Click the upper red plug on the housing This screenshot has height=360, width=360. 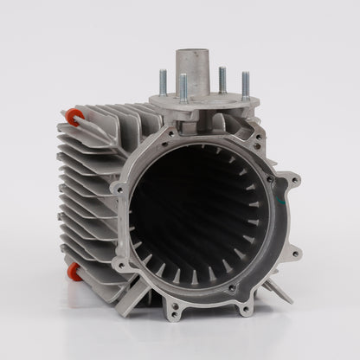coord(72,116)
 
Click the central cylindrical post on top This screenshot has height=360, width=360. coord(192,70)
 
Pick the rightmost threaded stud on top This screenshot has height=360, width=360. coord(245,86)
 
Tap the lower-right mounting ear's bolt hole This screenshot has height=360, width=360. coord(295,253)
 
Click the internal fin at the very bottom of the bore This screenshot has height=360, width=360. coord(195,278)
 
